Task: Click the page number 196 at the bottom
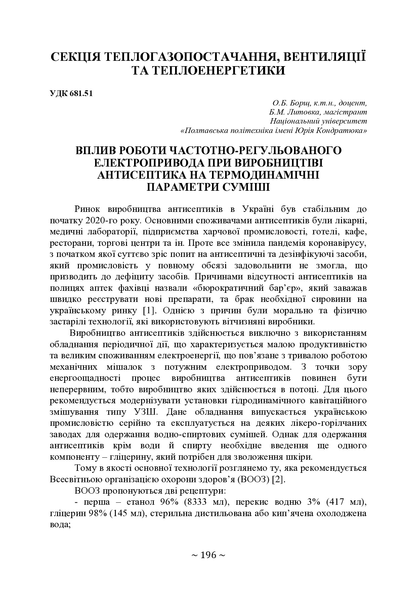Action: pos(208,555)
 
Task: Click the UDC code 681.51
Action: pos(81,94)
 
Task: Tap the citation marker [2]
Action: pos(278,479)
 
